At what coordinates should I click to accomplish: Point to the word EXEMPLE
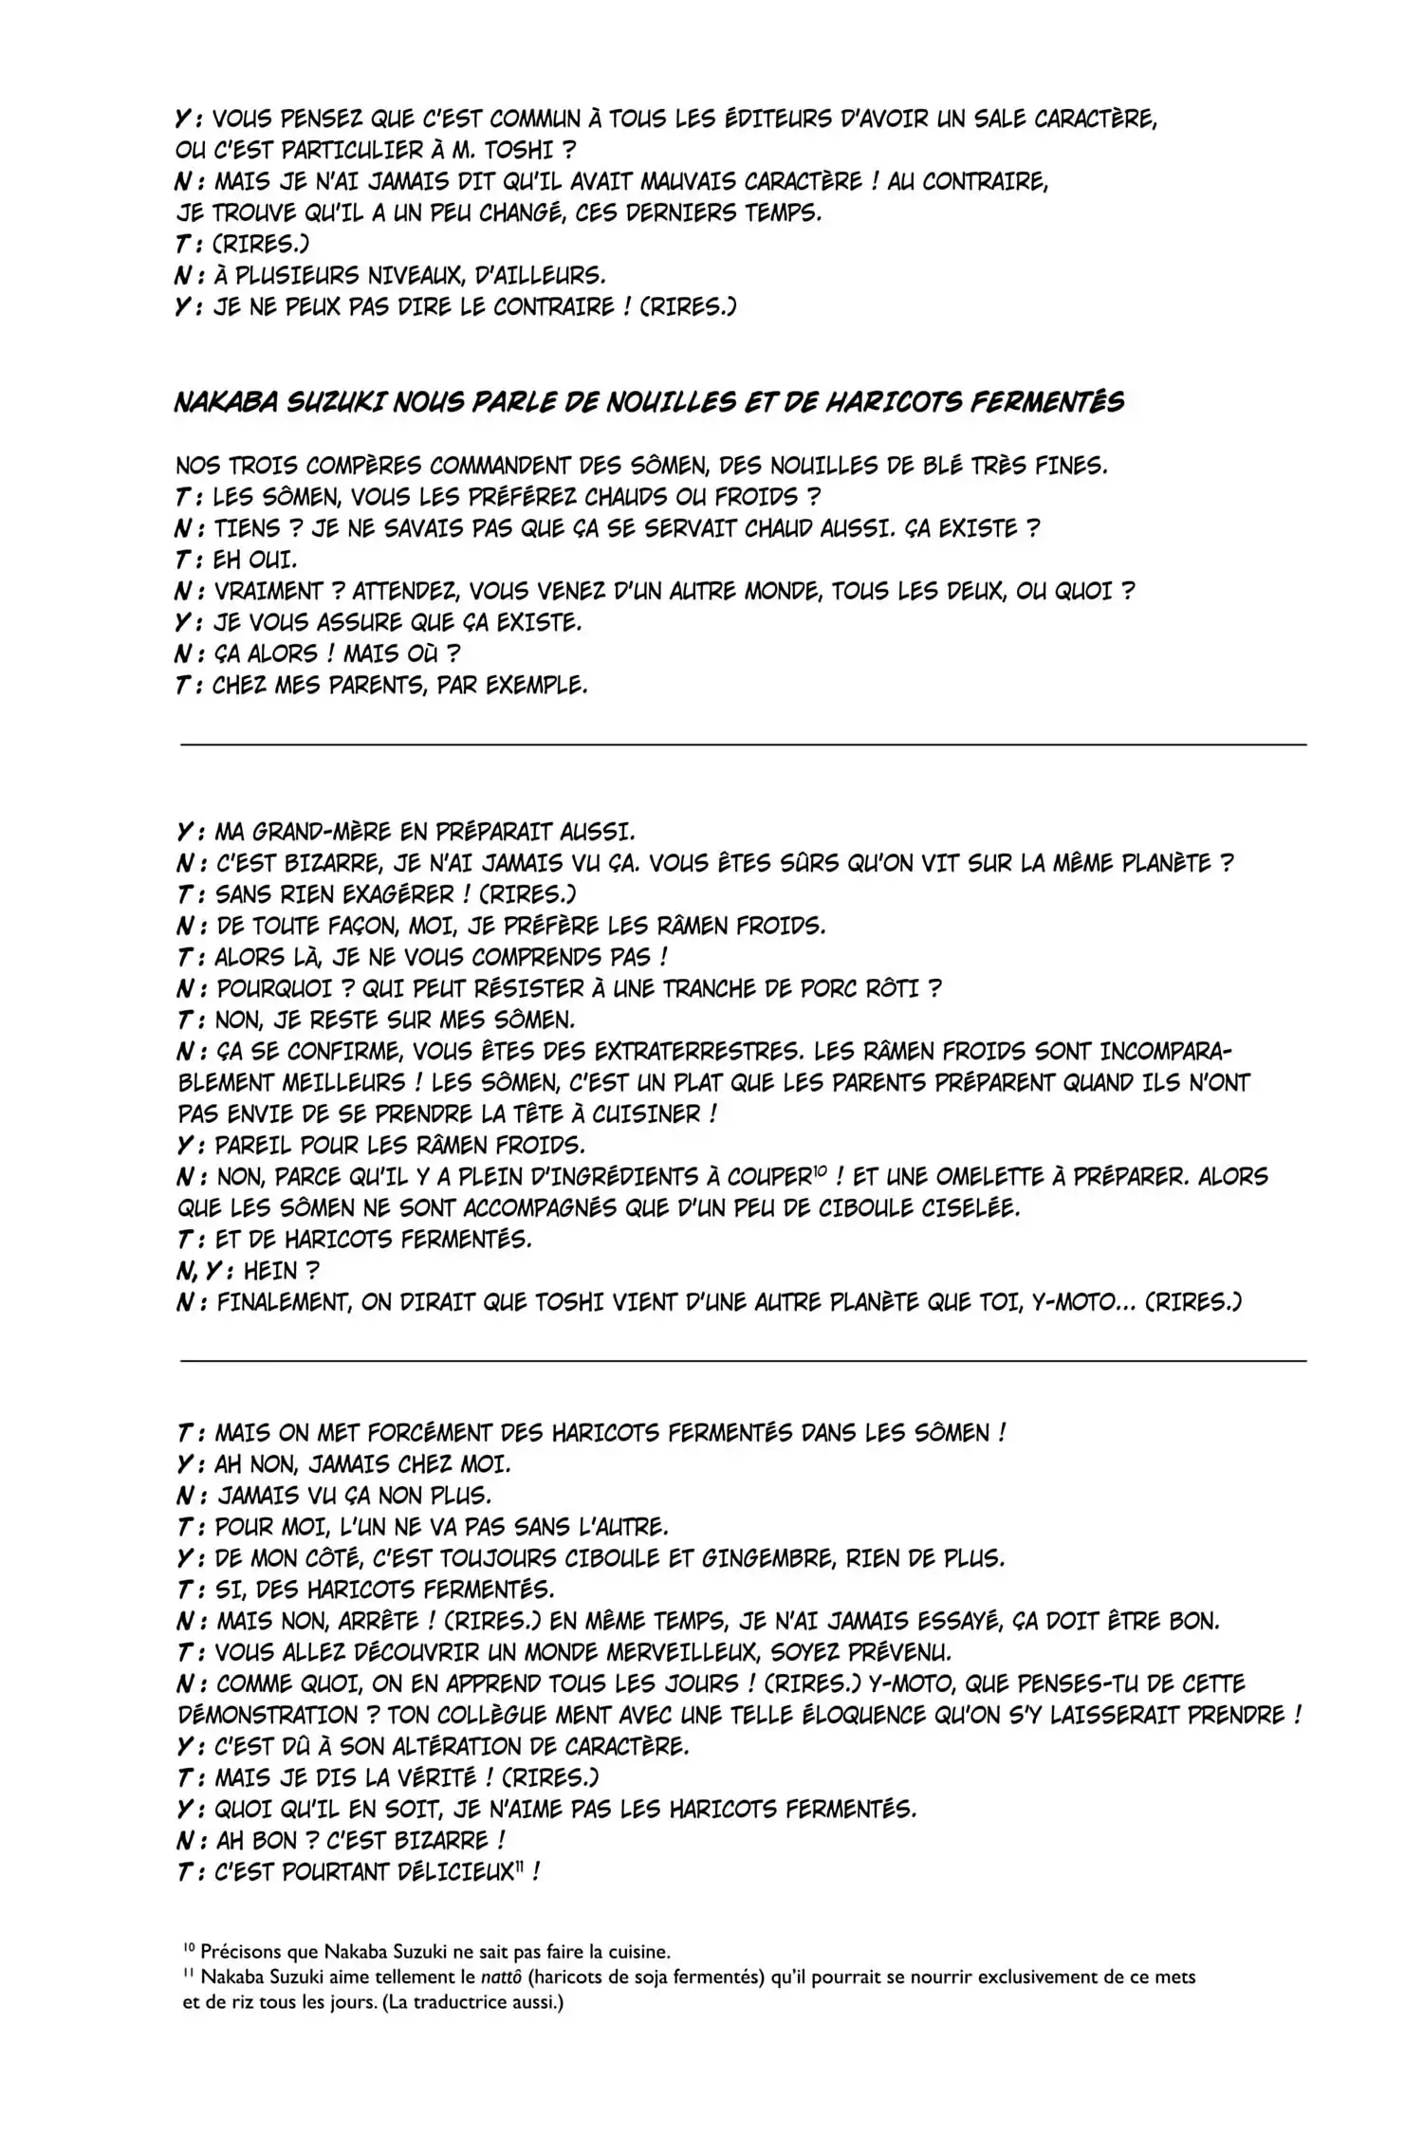(533, 685)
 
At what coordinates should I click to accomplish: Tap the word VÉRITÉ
(391, 1777)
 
